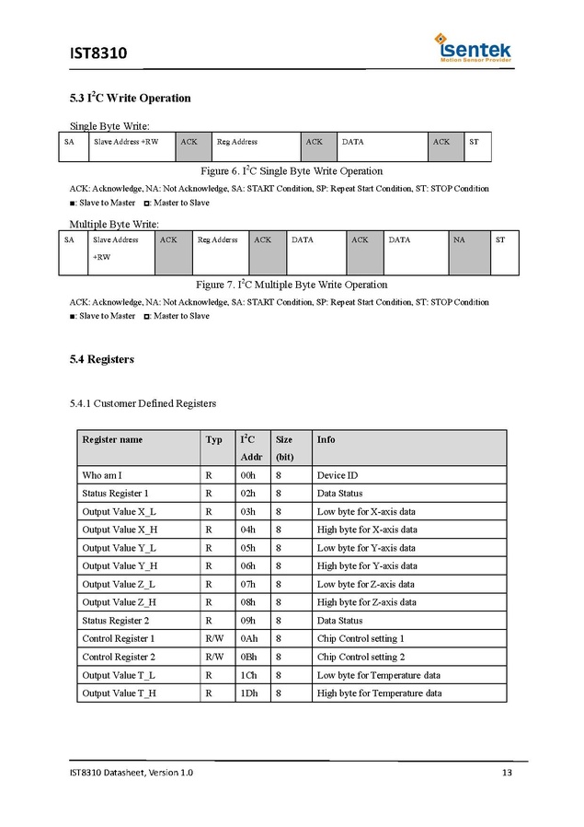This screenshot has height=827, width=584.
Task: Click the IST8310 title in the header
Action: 98,53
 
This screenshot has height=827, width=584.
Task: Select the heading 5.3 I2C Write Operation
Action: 130,98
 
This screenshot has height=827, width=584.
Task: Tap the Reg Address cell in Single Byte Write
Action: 237,142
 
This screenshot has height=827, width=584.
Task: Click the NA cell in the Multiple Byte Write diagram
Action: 459,239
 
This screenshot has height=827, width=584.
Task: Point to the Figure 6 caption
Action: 292,171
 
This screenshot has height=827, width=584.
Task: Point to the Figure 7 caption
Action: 292,285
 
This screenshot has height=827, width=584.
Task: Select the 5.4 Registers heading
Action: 101,359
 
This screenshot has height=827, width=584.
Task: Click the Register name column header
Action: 112,439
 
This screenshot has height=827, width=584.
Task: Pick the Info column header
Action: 326,439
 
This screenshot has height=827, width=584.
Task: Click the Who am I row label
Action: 102,475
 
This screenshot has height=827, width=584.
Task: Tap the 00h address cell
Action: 247,475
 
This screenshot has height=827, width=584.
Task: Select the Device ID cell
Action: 338,475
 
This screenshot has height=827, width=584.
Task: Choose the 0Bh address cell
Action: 248,657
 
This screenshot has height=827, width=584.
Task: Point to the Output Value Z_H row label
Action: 120,602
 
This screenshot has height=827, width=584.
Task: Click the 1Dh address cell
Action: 248,693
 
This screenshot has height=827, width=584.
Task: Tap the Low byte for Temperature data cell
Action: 378,675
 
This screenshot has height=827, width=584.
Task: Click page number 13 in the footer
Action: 507,772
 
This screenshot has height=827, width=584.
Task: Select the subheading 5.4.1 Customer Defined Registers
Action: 143,403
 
